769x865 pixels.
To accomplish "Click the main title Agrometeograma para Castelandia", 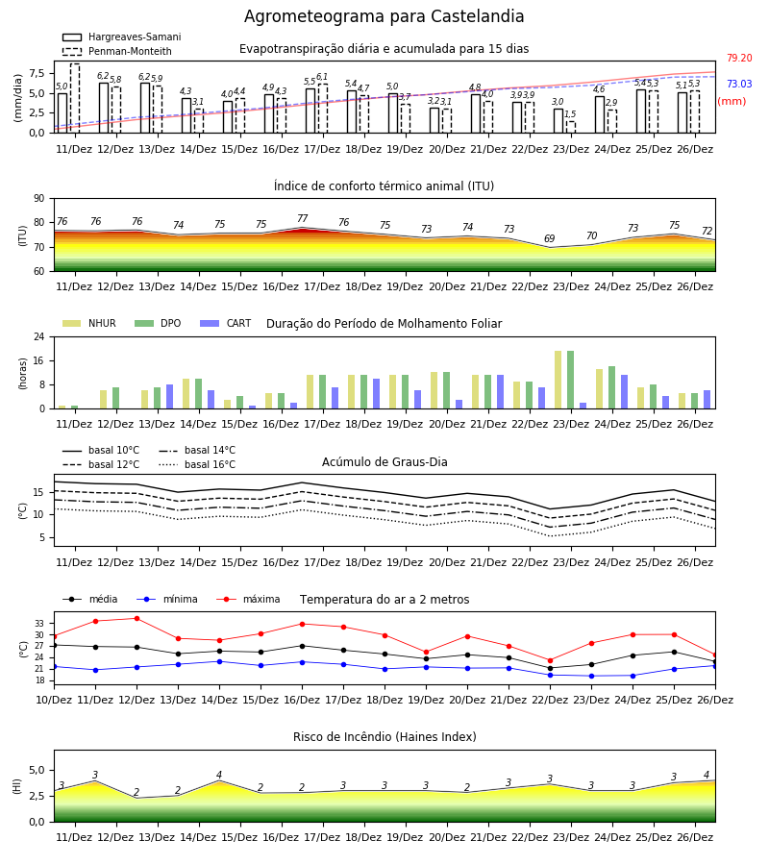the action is pyautogui.click(x=384, y=16).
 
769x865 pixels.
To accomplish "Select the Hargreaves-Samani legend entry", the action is pyautogui.click(x=121, y=37).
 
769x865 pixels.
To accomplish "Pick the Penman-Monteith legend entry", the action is pyautogui.click(x=117, y=51).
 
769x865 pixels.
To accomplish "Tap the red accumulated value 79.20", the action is pyautogui.click(x=739, y=58).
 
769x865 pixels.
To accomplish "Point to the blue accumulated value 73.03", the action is pyautogui.click(x=739, y=84).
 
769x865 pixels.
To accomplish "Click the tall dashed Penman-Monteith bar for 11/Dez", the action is pyautogui.click(x=75, y=98).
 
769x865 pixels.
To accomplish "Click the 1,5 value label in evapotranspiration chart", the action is pyautogui.click(x=570, y=114).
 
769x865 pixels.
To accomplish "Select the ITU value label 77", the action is pyautogui.click(x=302, y=218).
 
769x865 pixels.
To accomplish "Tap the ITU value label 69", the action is pyautogui.click(x=550, y=238).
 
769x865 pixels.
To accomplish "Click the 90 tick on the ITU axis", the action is pyautogui.click(x=39, y=199).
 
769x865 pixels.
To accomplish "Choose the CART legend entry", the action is pyautogui.click(x=226, y=323).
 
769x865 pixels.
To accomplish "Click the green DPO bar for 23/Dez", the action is pyautogui.click(x=570, y=380).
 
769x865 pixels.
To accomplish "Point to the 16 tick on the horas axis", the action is pyautogui.click(x=39, y=360).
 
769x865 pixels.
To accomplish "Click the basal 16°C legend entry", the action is pyautogui.click(x=197, y=464).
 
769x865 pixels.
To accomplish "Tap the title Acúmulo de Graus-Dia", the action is pyautogui.click(x=384, y=461).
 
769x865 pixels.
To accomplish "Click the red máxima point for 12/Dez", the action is pyautogui.click(x=136, y=618).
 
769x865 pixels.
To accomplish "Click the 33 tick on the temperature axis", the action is pyautogui.click(x=39, y=624).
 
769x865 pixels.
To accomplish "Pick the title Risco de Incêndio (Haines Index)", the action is pyautogui.click(x=384, y=736).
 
